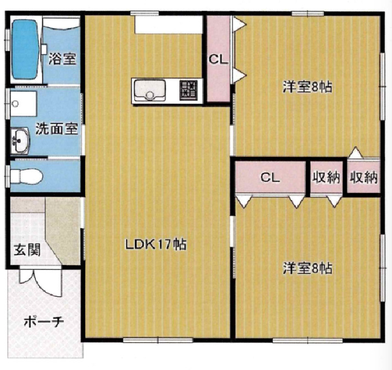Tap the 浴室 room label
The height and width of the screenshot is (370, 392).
[x=62, y=59]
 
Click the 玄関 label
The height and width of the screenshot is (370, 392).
[x=26, y=250]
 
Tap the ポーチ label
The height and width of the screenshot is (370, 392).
[x=44, y=321]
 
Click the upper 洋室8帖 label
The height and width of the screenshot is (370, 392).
[x=307, y=87]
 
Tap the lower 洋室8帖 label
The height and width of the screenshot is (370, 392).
[x=307, y=269]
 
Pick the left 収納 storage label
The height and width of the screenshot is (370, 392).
[x=326, y=178]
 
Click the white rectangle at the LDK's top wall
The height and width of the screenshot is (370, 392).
[x=169, y=24]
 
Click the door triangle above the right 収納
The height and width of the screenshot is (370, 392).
[x=357, y=153]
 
